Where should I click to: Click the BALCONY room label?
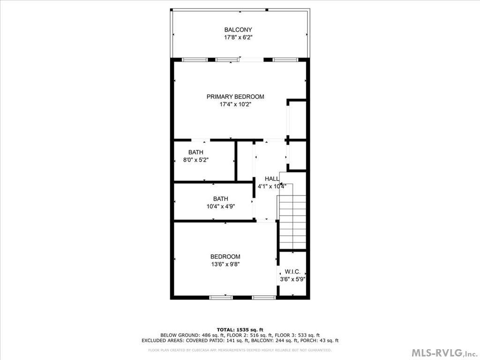pyautogui.click(x=238, y=30)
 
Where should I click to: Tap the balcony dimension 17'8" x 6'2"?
pyautogui.click(x=238, y=37)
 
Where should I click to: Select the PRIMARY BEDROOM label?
pyautogui.click(x=235, y=97)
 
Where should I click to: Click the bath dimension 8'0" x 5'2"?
pyautogui.click(x=195, y=160)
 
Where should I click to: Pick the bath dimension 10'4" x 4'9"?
pyautogui.click(x=221, y=207)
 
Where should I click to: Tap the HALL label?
pyautogui.click(x=272, y=179)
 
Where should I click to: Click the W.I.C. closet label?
pyautogui.click(x=292, y=272)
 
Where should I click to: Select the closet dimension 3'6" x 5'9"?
pyautogui.click(x=292, y=279)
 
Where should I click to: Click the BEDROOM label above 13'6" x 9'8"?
pyautogui.click(x=225, y=257)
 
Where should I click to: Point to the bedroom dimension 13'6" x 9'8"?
pyautogui.click(x=225, y=264)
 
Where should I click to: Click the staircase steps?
pyautogui.click(x=293, y=223)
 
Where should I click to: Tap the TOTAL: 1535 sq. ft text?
pyautogui.click(x=240, y=330)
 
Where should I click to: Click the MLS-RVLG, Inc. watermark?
pyautogui.click(x=444, y=353)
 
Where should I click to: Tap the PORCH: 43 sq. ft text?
pyautogui.click(x=319, y=340)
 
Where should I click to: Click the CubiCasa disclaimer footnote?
pyautogui.click(x=240, y=350)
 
